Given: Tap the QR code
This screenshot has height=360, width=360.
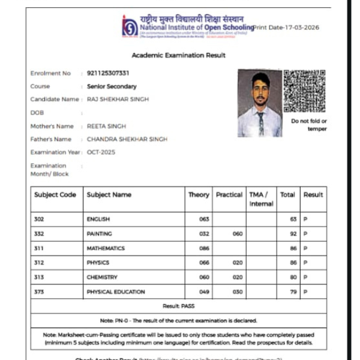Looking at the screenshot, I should pyautogui.click(x=304, y=91).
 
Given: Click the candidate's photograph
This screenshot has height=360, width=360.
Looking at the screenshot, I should pyautogui.click(x=259, y=103).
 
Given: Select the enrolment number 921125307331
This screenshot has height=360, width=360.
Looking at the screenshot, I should pyautogui.click(x=108, y=73).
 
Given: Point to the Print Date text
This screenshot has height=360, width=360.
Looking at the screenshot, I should pyautogui.click(x=286, y=28).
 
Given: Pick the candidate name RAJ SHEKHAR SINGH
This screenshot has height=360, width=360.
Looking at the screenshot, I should pyautogui.click(x=118, y=99).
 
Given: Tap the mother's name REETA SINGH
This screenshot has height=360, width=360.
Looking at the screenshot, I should pyautogui.click(x=106, y=126).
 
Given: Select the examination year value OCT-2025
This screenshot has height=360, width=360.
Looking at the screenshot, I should pyautogui.click(x=101, y=152).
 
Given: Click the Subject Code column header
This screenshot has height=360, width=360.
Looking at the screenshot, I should pyautogui.click(x=55, y=194).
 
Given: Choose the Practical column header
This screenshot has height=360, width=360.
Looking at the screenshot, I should pyautogui.click(x=229, y=194).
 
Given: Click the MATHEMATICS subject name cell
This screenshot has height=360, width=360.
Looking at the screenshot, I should pyautogui.click(x=106, y=248).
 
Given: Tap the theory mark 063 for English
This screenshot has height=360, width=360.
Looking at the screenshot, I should pyautogui.click(x=204, y=220).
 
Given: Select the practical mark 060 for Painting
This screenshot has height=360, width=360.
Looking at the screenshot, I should pyautogui.click(x=238, y=234).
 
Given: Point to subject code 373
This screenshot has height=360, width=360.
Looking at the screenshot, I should pyautogui.click(x=40, y=292).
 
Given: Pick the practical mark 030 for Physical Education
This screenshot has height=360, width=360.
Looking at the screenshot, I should pyautogui.click(x=238, y=292).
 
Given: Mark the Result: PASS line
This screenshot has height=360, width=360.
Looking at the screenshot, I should pyautogui.click(x=179, y=306).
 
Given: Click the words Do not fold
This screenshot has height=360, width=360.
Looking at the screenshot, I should pyautogui.click(x=309, y=121).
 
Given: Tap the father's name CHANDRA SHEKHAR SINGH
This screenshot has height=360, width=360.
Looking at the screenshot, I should pyautogui.click(x=127, y=139).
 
